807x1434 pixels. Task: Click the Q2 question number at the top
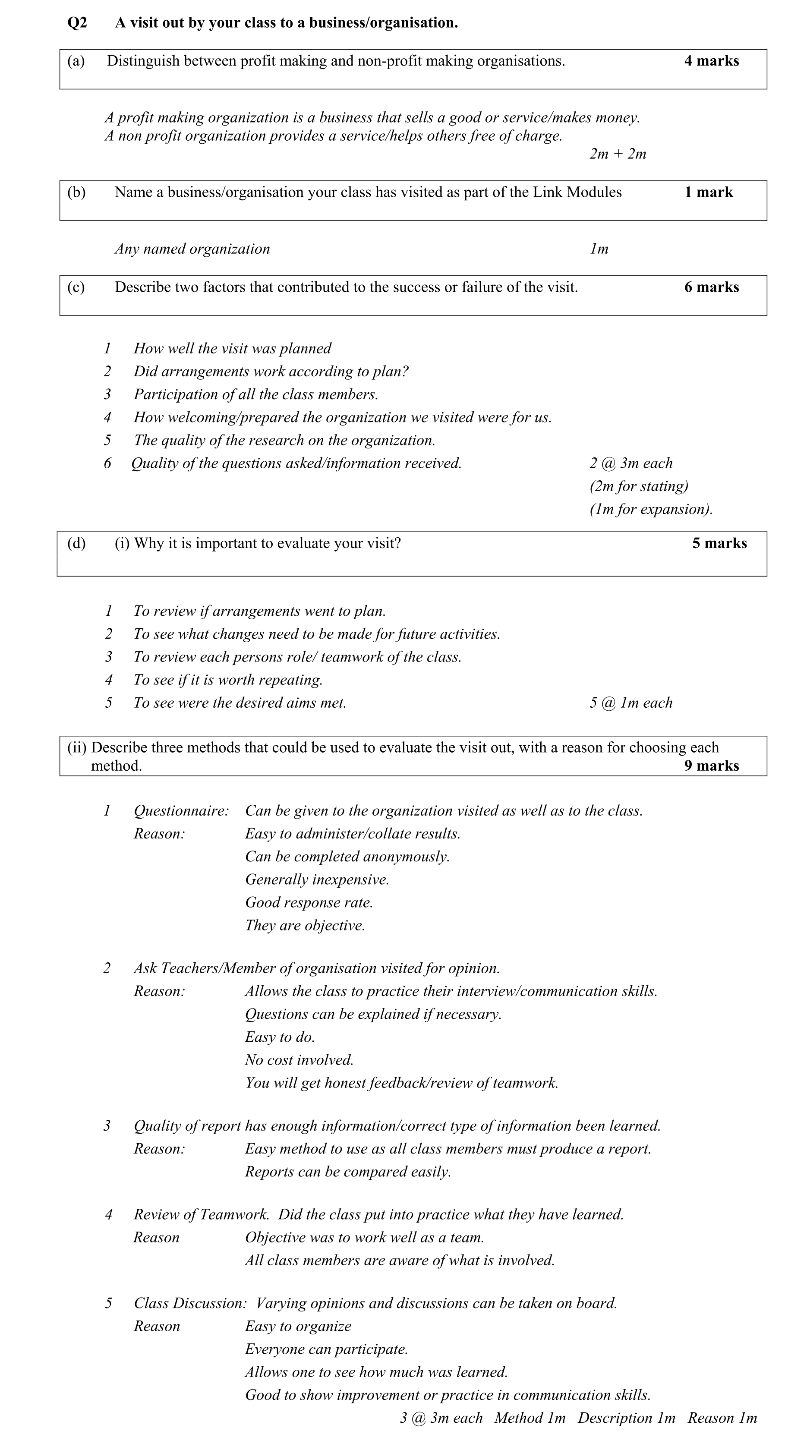[x=77, y=23]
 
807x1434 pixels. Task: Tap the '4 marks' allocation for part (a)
[x=711, y=61]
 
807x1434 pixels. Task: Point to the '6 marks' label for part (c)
[x=711, y=287]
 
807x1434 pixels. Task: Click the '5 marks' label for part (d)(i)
[x=719, y=543]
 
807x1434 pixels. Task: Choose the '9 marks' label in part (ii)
[x=711, y=766]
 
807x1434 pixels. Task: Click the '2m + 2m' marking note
[x=618, y=154]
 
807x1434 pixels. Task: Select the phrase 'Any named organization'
[x=192, y=249]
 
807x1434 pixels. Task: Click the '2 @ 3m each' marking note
[x=630, y=463]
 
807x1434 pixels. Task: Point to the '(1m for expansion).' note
[x=651, y=509]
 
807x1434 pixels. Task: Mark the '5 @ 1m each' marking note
[x=630, y=703]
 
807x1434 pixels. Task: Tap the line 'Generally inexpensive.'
[x=317, y=879]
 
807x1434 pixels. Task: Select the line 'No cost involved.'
[x=299, y=1060]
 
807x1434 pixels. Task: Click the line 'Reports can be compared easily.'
[x=348, y=1172]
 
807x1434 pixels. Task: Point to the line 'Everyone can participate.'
[x=326, y=1349]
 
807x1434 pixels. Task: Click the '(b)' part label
[x=76, y=192]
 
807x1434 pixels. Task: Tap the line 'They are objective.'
[x=305, y=926]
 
